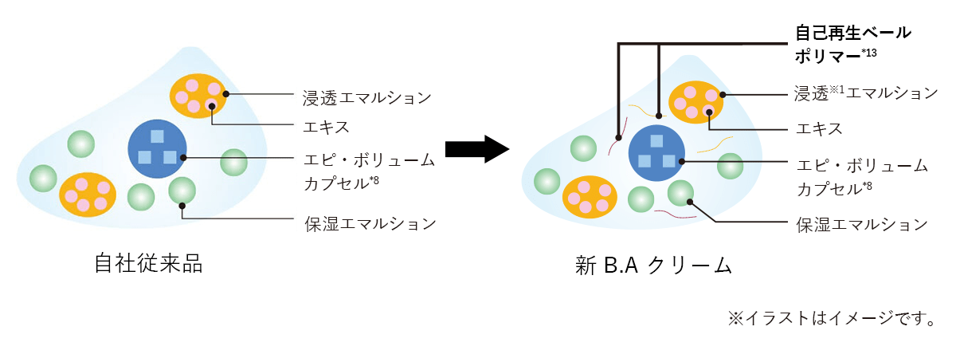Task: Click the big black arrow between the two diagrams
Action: (476, 149)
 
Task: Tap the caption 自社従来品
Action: (148, 263)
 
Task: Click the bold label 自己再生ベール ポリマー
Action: (853, 44)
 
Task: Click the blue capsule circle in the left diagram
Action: (157, 149)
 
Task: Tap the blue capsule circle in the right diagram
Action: (656, 152)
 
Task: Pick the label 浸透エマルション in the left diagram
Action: (367, 97)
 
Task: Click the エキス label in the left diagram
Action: (326, 127)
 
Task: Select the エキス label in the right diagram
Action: (820, 128)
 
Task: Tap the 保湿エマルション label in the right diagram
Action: (863, 224)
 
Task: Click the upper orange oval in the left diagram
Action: (198, 95)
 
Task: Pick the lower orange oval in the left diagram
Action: (88, 195)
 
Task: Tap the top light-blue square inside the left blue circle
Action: (157, 136)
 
